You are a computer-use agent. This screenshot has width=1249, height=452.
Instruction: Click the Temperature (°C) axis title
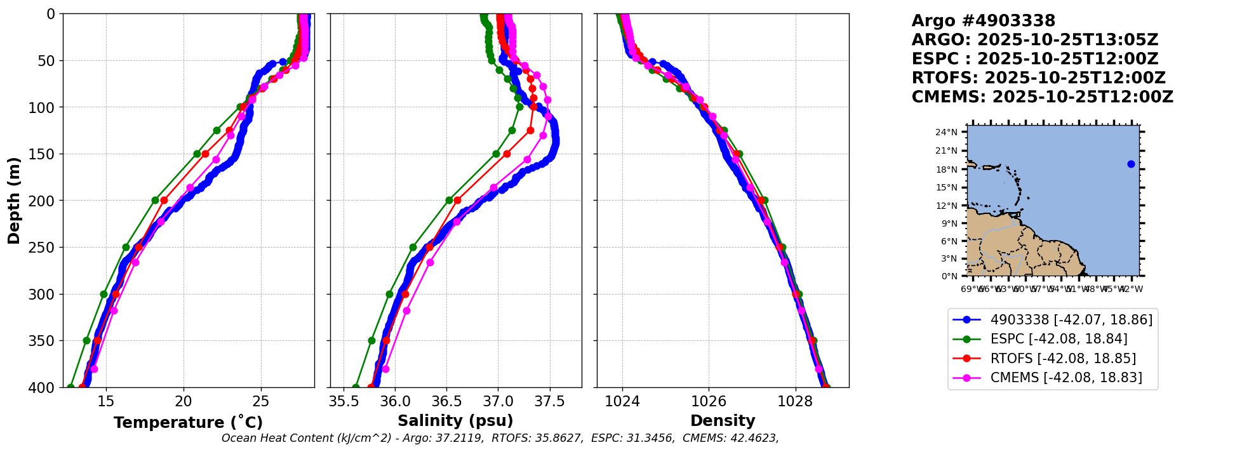click(188, 423)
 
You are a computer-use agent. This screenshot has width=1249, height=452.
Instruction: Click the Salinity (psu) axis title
click(455, 421)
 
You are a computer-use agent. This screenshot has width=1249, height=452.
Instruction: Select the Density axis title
click(723, 421)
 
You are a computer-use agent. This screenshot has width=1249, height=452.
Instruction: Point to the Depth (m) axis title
click(14, 201)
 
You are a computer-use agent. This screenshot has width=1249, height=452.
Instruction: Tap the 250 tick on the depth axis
click(46, 248)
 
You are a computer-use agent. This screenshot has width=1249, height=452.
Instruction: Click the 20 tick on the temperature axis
click(184, 402)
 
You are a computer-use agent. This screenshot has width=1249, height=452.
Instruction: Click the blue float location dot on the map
click(1131, 164)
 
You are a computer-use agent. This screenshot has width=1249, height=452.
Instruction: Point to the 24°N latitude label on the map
click(946, 132)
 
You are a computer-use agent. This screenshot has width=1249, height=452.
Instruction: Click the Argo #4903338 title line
click(983, 21)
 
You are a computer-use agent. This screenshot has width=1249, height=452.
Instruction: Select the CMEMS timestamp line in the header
click(1042, 97)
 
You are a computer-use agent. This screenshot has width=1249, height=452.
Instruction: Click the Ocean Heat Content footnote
click(500, 438)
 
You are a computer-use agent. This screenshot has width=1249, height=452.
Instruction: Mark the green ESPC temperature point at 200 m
click(155, 201)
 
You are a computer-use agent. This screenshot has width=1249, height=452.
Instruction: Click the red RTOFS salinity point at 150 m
click(507, 154)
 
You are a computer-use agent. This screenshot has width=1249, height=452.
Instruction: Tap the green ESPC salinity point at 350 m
click(371, 341)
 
